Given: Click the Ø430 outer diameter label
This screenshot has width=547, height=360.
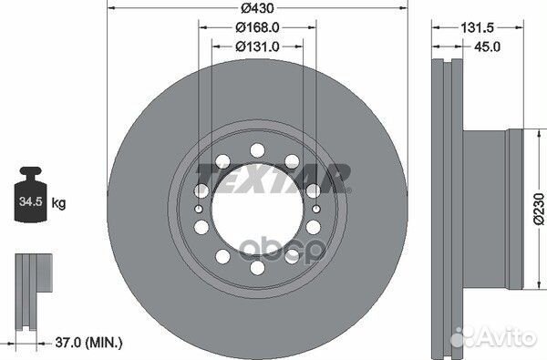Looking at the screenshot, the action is [x=257, y=7].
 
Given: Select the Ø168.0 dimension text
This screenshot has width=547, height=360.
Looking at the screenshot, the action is [x=257, y=27].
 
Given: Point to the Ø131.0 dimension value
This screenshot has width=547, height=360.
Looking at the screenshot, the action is [x=257, y=46].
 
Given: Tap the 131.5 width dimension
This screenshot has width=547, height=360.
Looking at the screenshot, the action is [x=477, y=27].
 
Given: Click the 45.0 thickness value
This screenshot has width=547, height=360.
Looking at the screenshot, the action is [x=487, y=46].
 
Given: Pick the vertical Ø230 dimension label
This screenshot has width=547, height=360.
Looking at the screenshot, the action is [x=539, y=209].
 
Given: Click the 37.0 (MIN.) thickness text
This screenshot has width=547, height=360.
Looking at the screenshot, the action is [x=89, y=342].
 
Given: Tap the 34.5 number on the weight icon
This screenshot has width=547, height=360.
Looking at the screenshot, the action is [x=31, y=201].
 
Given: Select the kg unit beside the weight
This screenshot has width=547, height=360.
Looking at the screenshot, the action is [x=58, y=202].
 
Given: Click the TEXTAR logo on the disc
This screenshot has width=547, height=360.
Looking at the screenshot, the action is [x=273, y=178].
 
